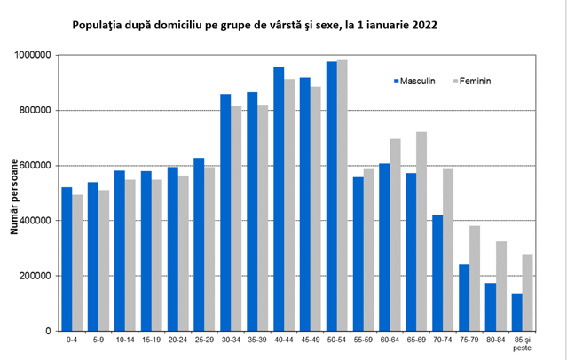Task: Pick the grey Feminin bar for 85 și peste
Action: coord(529,293)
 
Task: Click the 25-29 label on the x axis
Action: coord(205,340)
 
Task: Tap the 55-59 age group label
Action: coord(364,340)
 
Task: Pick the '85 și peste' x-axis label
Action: coord(524,344)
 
